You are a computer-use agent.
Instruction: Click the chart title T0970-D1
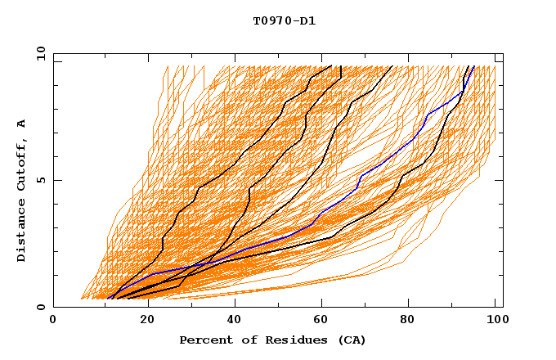(284, 21)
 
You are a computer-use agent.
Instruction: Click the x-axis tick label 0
(53, 321)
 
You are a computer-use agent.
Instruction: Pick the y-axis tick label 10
(40, 53)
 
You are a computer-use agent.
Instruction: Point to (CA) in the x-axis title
(352, 340)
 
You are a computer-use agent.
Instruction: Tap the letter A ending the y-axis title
(22, 123)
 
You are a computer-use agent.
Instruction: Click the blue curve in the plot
(360, 176)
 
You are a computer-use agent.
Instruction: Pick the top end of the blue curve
(473, 66)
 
